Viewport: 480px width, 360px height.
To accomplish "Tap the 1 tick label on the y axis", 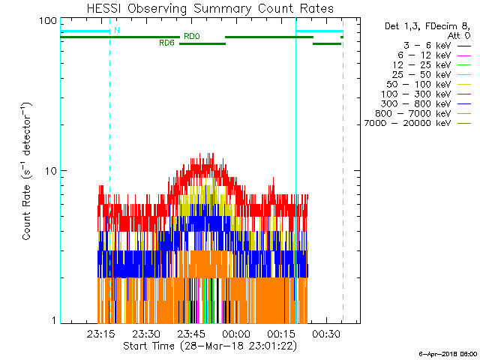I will tap(53, 320).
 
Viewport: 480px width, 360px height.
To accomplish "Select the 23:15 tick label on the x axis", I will tap(100, 334).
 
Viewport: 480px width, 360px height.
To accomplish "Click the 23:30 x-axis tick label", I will tap(145, 334).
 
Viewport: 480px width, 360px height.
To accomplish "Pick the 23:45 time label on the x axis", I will tap(190, 334).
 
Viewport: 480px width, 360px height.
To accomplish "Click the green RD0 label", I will tap(191, 35).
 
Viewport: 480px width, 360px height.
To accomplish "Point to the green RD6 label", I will tap(167, 43).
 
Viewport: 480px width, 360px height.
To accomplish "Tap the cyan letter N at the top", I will tap(116, 31).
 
